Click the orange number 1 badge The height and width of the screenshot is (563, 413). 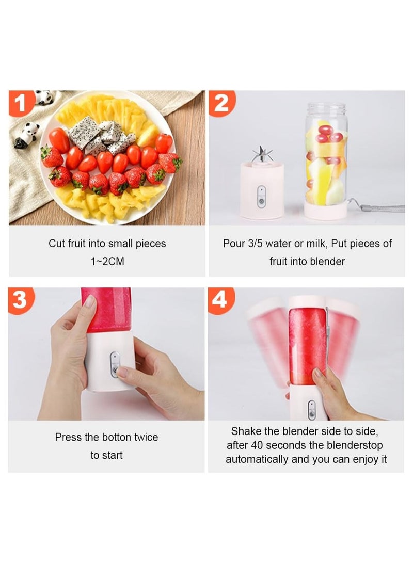21,103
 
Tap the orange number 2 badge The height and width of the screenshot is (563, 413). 221,103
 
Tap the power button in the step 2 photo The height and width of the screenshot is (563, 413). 261,195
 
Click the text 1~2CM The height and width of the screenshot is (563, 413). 107,262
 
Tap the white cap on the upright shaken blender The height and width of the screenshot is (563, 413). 308,301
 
